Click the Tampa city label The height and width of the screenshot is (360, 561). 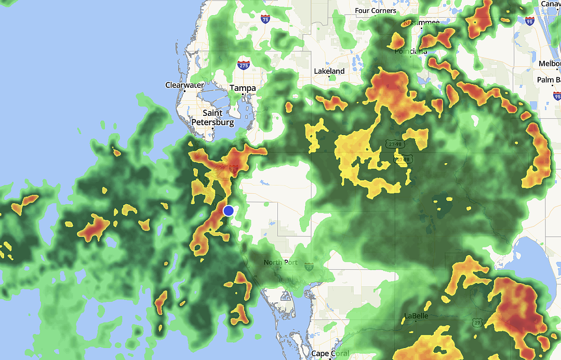[x=243, y=88]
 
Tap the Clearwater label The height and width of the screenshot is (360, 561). [x=184, y=85]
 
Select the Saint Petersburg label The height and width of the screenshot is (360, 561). [x=213, y=118]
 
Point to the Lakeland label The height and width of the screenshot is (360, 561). [x=329, y=71]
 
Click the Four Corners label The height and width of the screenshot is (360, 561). [x=376, y=11]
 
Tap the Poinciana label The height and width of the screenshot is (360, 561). [x=410, y=51]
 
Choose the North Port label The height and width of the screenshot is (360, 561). [x=280, y=262]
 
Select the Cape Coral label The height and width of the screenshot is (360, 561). [x=327, y=354]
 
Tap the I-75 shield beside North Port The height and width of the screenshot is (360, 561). [x=309, y=266]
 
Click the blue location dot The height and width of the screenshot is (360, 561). [x=229, y=210]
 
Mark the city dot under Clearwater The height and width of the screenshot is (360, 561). [x=184, y=91]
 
